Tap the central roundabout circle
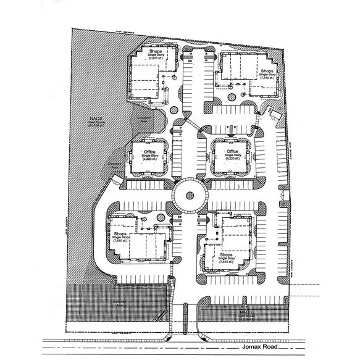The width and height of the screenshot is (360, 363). pos(187,196)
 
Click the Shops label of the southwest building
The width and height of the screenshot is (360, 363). pos(120,234)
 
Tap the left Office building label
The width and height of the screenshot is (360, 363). pos(149,152)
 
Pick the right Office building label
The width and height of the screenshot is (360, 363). pos(232,151)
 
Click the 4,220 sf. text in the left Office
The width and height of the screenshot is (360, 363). pos(149,159)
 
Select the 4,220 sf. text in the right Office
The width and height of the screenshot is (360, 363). pos(232,159)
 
